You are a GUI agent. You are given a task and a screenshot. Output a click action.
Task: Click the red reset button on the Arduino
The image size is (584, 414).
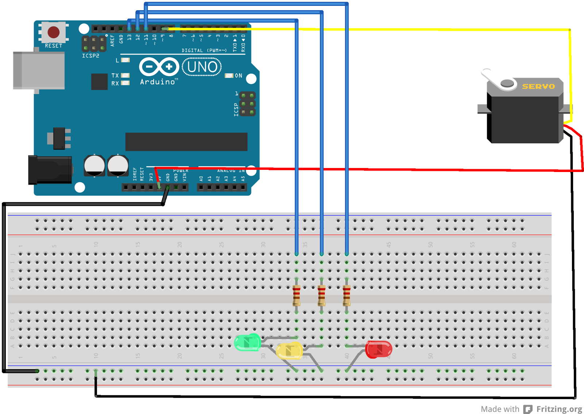pos(54,32)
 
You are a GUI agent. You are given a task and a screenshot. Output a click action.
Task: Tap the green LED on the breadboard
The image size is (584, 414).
pos(247,342)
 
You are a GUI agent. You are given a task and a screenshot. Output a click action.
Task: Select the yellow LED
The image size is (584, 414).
pos(289,351)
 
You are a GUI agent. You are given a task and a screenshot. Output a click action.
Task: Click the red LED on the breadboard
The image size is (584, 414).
pos(379,349)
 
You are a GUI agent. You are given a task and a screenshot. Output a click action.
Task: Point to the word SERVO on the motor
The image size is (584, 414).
pos(538,86)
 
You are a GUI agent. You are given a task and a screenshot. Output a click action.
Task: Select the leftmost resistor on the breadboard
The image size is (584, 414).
pos(296,295)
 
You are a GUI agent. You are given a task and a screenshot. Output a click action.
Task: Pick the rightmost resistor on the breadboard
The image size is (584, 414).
pos(346,295)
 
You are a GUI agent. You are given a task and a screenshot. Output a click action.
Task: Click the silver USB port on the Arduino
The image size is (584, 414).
pos(39,70)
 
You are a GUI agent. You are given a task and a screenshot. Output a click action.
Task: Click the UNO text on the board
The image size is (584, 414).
pos(202,67)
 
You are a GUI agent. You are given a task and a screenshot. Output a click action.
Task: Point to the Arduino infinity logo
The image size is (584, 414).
pos(159,67)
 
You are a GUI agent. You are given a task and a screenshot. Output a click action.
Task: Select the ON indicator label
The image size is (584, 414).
pos(238,75)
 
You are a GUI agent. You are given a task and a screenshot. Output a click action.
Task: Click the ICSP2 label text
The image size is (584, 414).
pos(91,56)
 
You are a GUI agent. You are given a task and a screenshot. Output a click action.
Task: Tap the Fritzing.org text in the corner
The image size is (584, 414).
pos(559,409)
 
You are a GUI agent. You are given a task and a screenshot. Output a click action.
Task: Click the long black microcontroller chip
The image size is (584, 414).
pos(186,141)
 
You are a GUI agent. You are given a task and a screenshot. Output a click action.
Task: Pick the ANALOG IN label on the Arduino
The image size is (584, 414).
pos(231,171)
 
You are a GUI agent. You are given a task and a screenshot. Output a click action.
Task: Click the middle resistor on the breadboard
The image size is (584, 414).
pos(321,295)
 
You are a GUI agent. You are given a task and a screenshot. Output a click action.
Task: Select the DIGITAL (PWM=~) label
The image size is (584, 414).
pos(204,50)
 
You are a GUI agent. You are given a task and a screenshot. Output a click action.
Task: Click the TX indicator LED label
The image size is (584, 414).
pos(115,75)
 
